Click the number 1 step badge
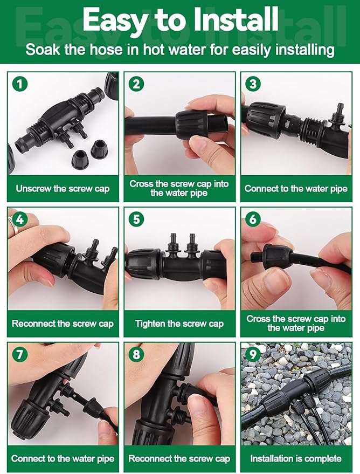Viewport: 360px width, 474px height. tap(19, 84)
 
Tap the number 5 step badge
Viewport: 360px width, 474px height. tap(136, 219)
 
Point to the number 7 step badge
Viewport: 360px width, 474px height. tap(19, 355)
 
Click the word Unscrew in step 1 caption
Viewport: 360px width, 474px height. tap(34, 189)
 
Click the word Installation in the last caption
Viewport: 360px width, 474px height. tap(273, 459)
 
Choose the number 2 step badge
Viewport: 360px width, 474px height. tap(136, 84)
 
